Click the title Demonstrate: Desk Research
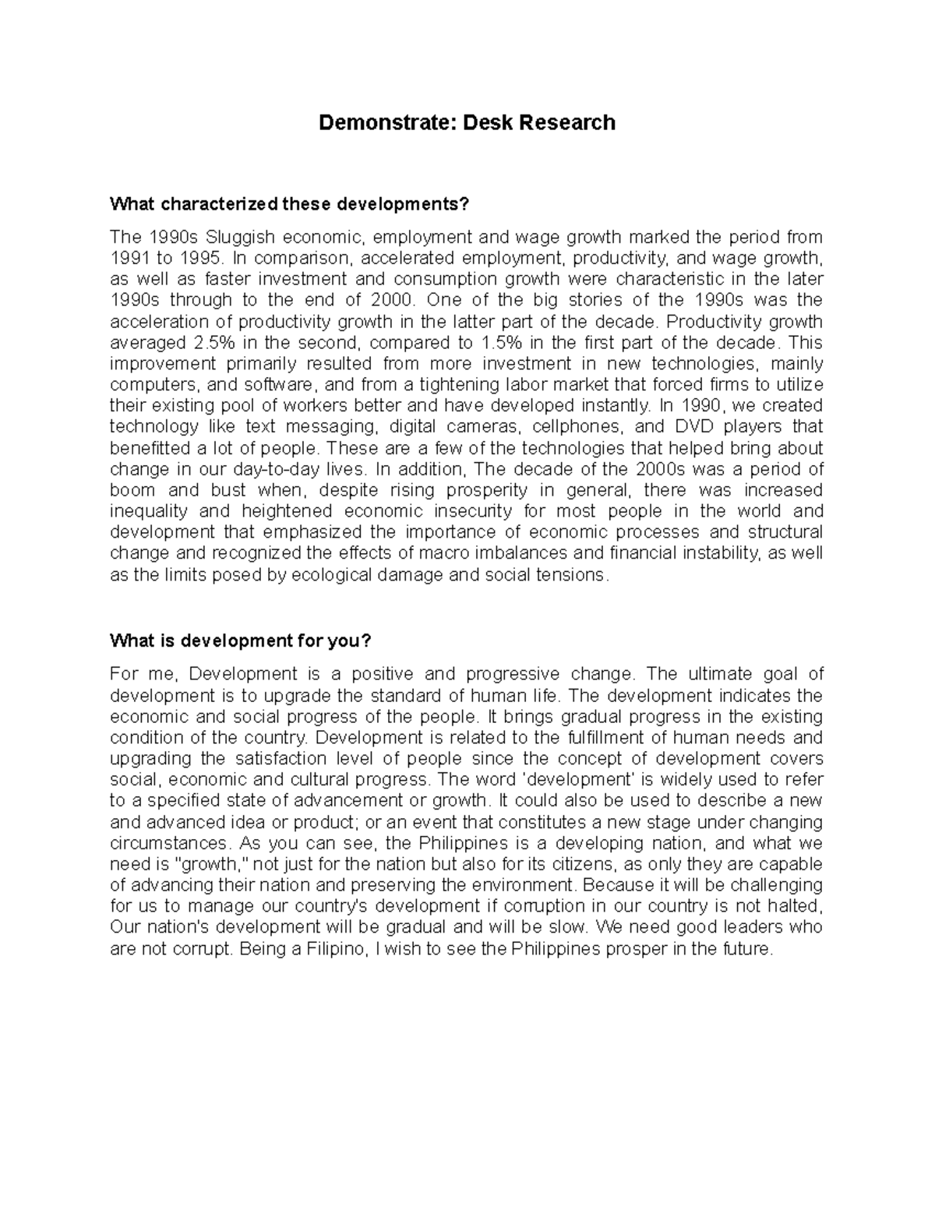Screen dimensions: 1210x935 [467, 122]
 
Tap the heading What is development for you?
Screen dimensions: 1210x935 [241, 641]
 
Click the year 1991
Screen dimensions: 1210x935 [129, 258]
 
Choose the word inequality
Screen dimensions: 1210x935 [148, 512]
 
